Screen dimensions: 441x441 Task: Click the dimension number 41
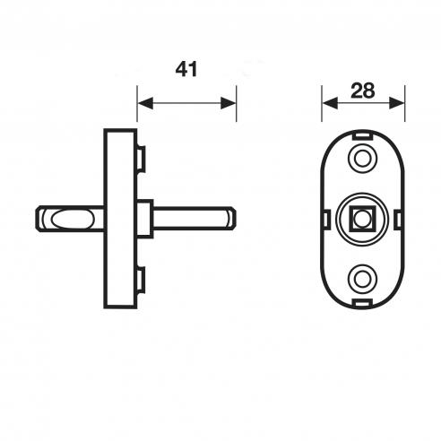pyautogui.click(x=186, y=70)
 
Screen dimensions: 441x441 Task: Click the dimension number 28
pyautogui.click(x=363, y=91)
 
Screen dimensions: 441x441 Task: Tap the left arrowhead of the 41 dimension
pyautogui.click(x=145, y=103)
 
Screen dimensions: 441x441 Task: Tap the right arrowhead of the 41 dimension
pyautogui.click(x=229, y=103)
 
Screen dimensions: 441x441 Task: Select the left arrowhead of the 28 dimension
pyautogui.click(x=330, y=103)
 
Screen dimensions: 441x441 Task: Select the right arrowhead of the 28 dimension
pyautogui.click(x=397, y=103)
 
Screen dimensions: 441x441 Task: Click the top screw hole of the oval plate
pyautogui.click(x=362, y=158)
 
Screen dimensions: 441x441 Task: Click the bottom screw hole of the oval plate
pyautogui.click(x=362, y=279)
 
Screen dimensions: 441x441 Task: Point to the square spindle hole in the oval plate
pyautogui.click(x=362, y=220)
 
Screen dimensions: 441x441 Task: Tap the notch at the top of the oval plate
pyautogui.click(x=362, y=135)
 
